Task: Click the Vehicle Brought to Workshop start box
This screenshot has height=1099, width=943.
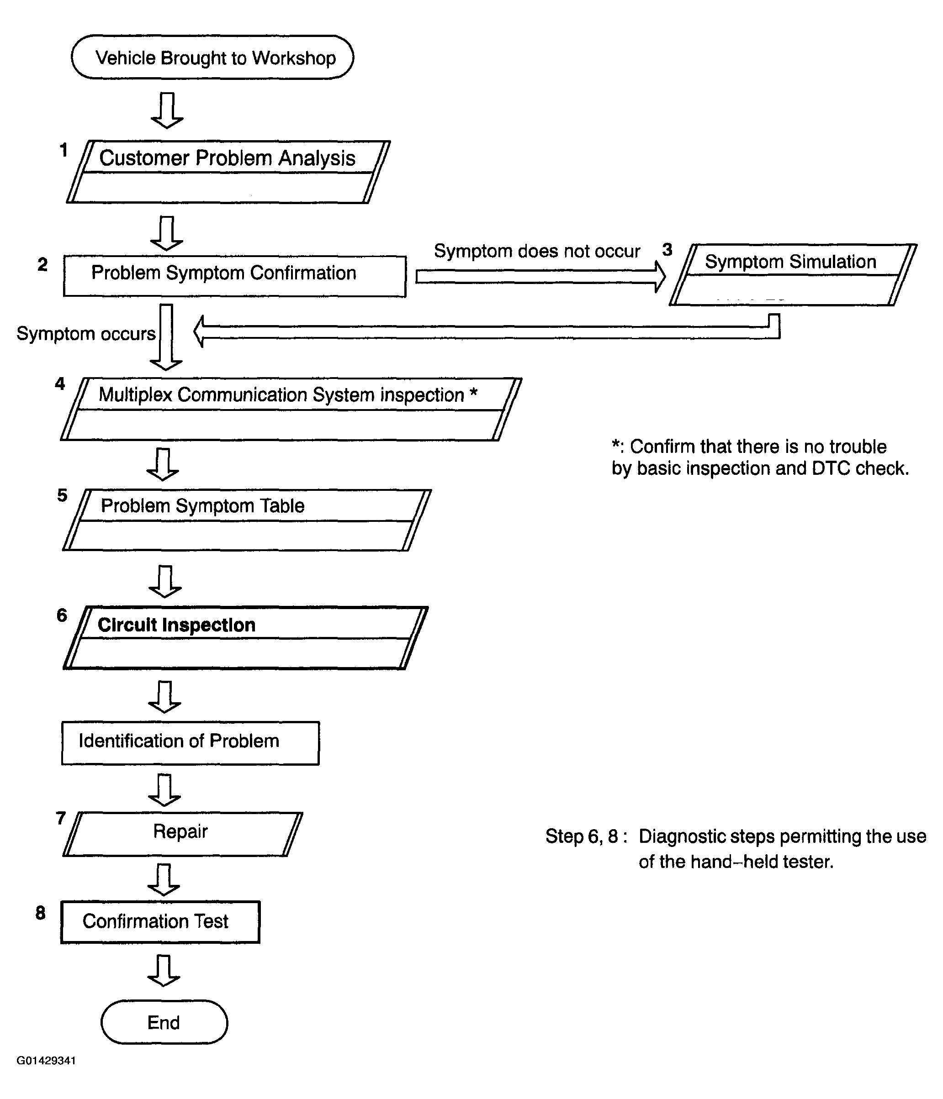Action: coord(212,57)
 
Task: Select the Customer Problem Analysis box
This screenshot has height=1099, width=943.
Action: coord(228,172)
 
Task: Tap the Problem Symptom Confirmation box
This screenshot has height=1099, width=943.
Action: coord(234,276)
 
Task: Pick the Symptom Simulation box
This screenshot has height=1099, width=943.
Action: coord(793,275)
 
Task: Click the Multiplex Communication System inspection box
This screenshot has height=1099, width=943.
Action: coord(291,409)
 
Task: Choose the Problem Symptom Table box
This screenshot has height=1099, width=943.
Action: coord(247,520)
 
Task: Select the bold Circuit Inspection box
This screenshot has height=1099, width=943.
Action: coord(245,637)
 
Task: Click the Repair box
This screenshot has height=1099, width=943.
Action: coord(183,834)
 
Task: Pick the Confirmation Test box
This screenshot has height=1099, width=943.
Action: coord(160,922)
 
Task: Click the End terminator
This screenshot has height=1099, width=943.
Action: coord(164,1022)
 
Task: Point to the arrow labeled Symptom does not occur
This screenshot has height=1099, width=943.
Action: coord(540,276)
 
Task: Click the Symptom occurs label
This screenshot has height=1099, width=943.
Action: coord(86,334)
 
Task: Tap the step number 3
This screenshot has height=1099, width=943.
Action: coord(667,249)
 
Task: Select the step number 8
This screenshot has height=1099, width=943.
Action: coord(40,912)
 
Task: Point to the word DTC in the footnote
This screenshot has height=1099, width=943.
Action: coord(832,468)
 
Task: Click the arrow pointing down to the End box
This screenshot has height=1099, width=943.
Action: coord(164,971)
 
